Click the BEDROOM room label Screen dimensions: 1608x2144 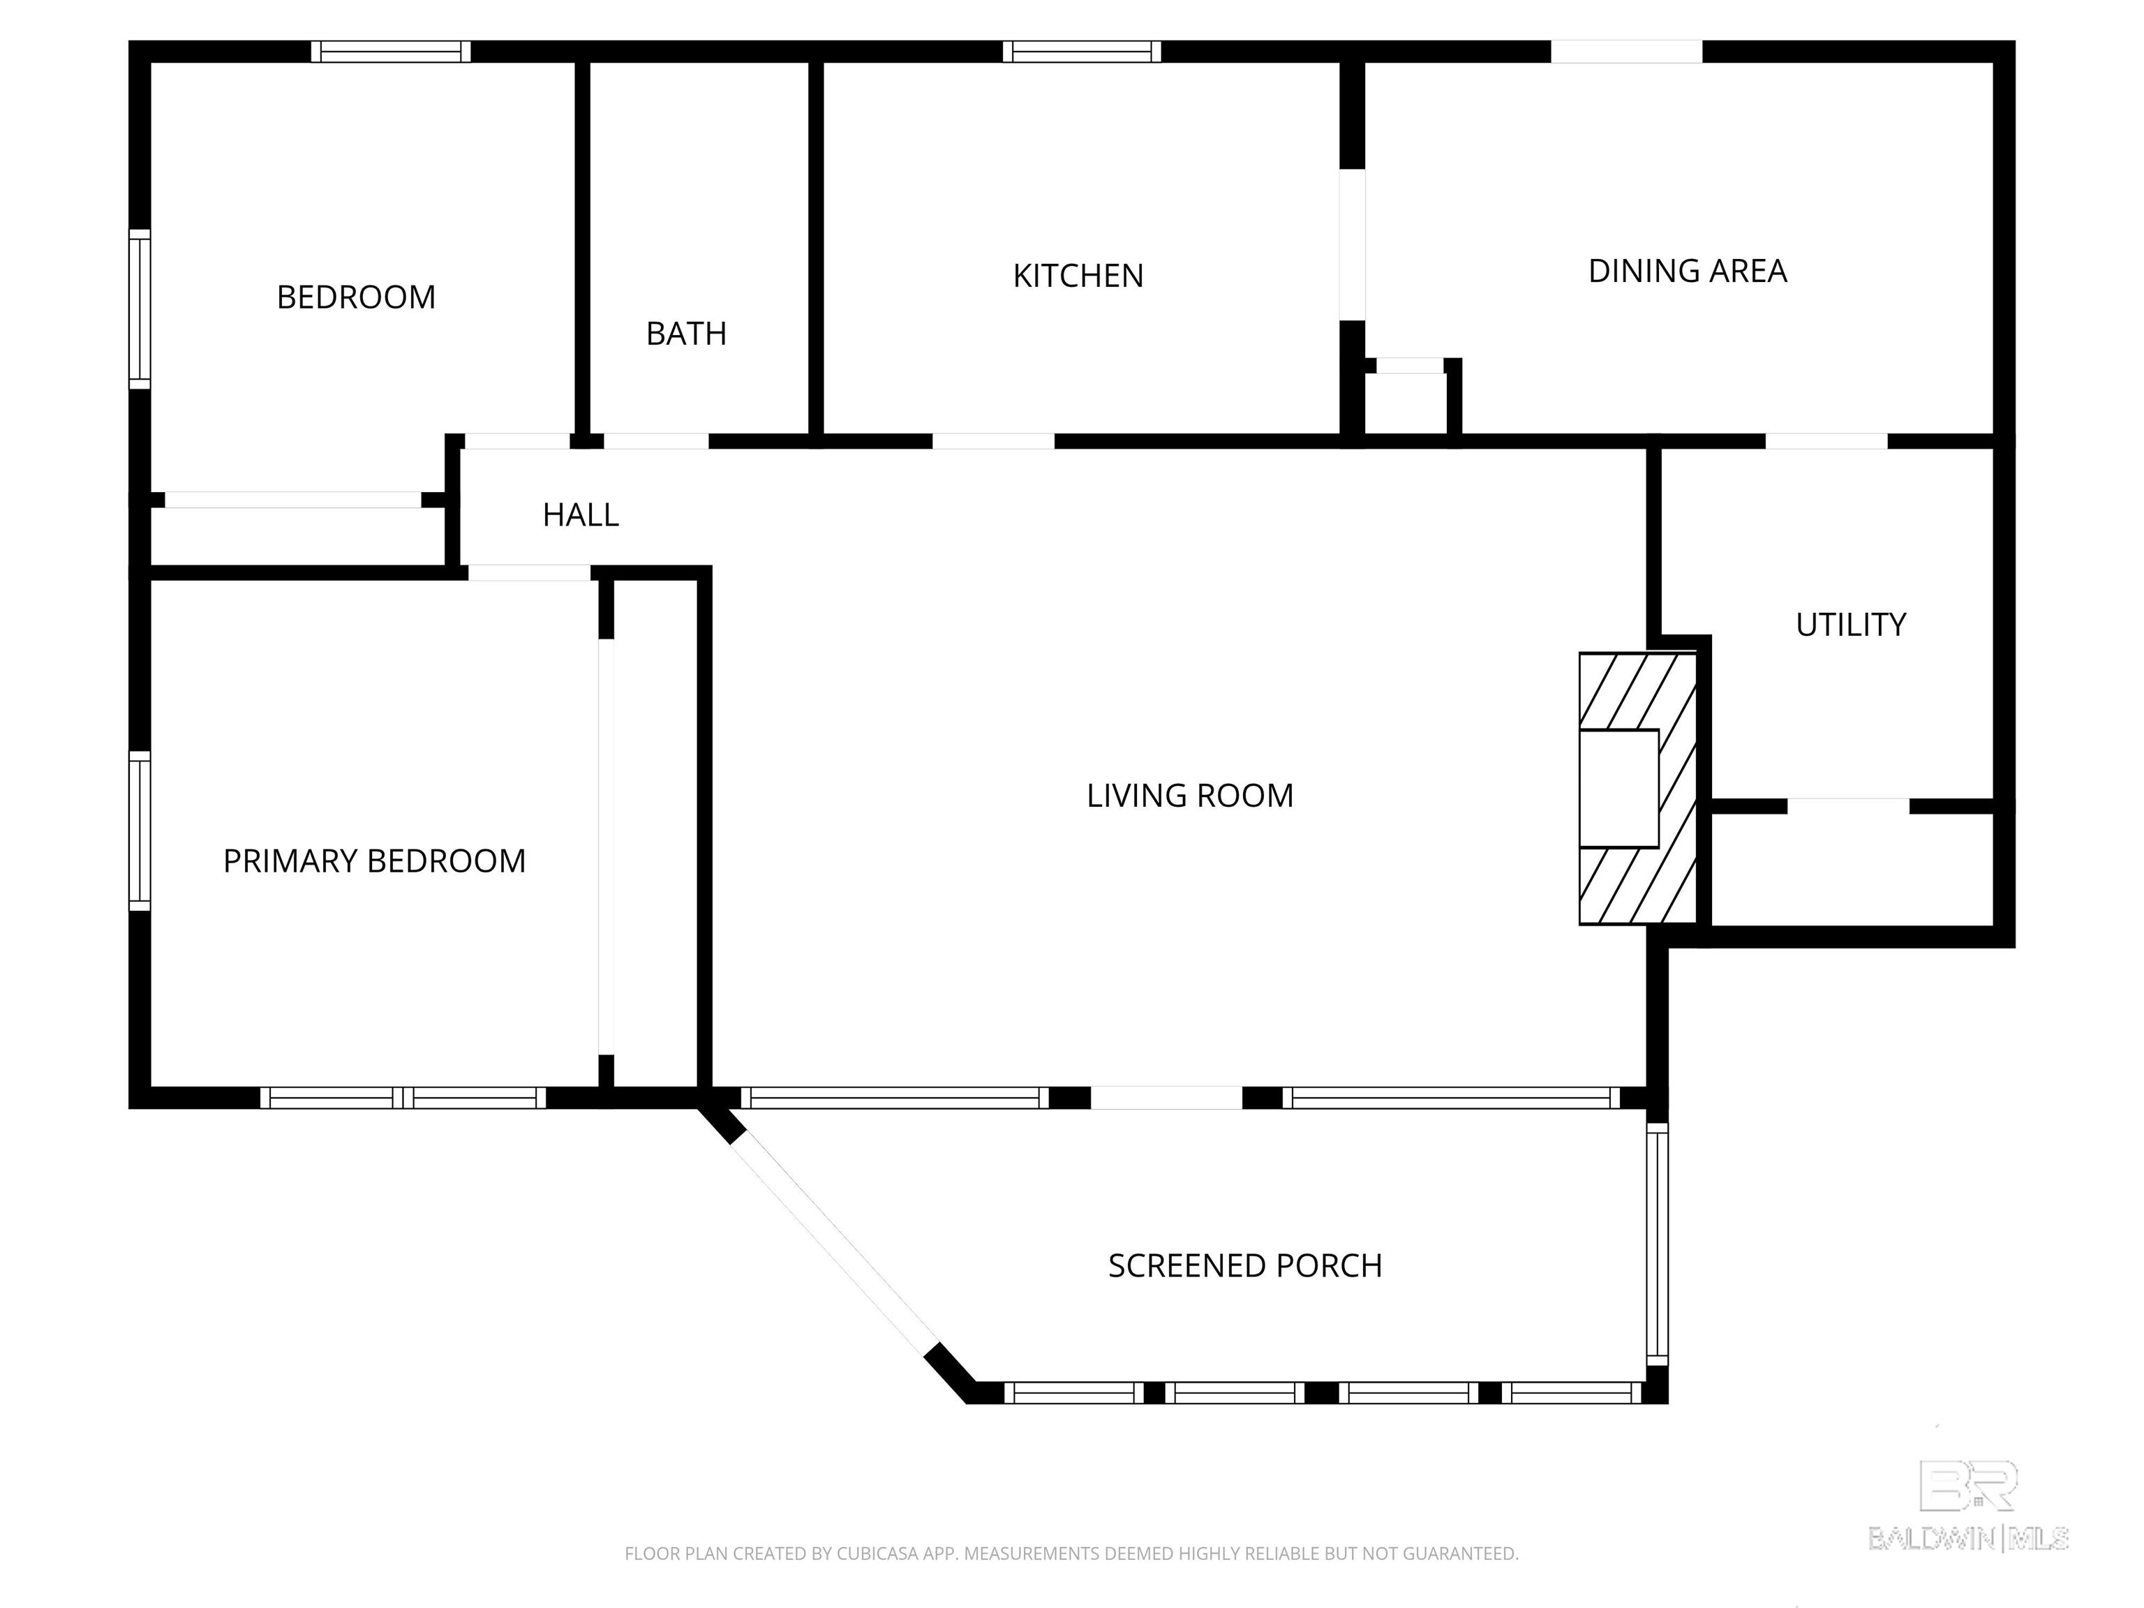356,297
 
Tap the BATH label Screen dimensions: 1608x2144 686,334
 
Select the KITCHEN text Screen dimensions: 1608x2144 1078,276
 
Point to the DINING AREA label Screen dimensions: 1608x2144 1686,271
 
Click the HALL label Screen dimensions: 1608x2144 581,514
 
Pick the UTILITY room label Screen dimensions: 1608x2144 1850,625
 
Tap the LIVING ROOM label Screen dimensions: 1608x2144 1189,796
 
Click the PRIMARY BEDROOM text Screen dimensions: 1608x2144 374,861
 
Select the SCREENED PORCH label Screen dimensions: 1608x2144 1244,1266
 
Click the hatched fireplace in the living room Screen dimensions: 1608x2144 1638,788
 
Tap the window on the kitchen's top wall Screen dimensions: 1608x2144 1082,52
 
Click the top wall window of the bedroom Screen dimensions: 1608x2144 391,52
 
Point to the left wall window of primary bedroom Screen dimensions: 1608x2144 140,830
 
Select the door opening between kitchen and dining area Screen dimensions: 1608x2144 1352,244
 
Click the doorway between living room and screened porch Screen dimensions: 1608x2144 1166,1097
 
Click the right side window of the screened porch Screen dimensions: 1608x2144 1658,1244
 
